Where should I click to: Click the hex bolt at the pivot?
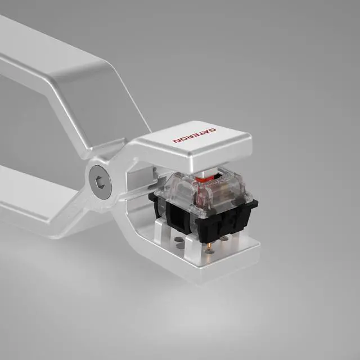101,180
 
